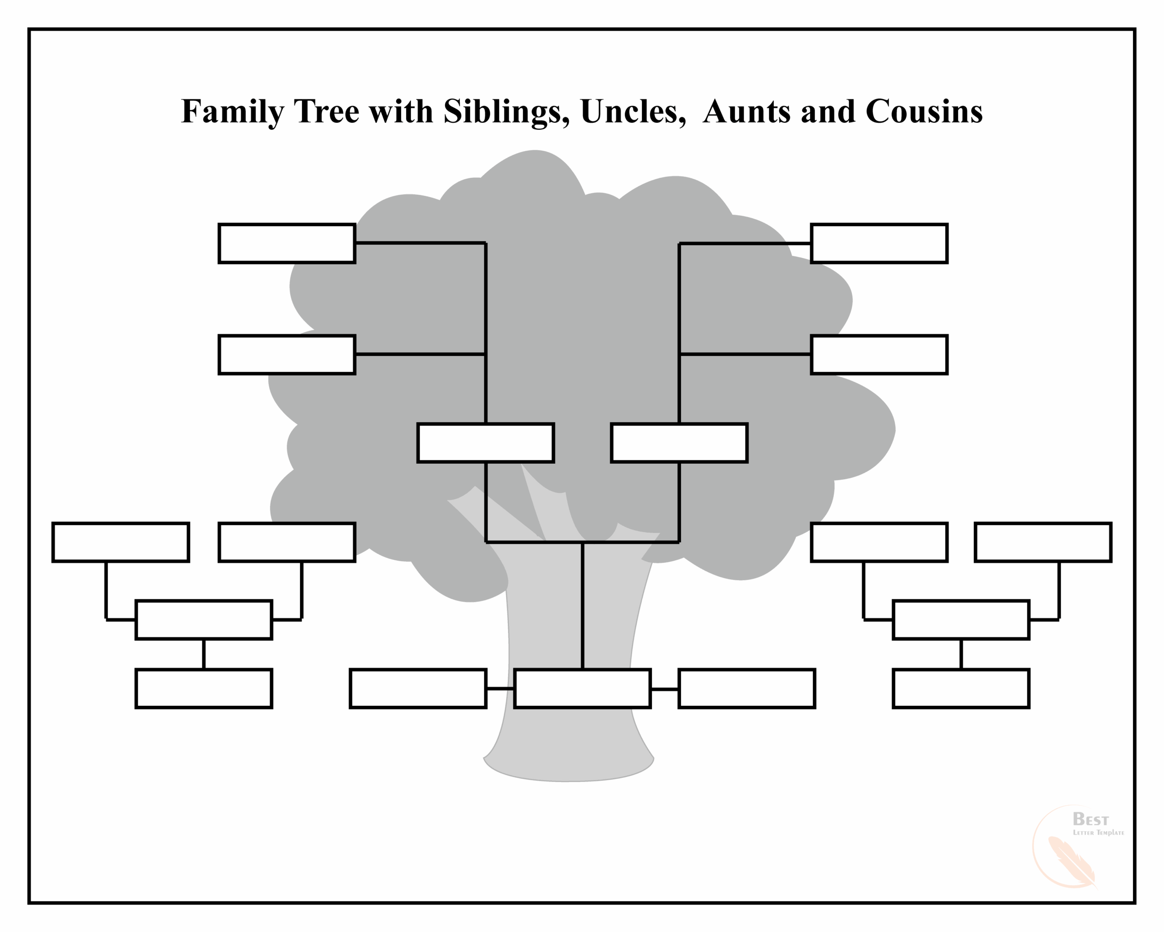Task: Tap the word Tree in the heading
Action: click(326, 112)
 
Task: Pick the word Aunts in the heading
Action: click(747, 112)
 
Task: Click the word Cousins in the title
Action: click(924, 112)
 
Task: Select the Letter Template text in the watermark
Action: click(1098, 833)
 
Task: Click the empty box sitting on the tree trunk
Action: click(582, 689)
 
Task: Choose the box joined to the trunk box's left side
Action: click(418, 689)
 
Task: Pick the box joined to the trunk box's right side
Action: click(747, 689)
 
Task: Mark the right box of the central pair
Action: click(679, 443)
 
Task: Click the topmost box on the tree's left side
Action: click(287, 243)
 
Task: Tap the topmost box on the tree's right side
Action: click(879, 243)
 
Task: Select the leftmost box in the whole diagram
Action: click(120, 542)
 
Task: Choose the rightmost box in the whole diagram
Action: click(1043, 542)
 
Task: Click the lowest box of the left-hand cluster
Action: click(204, 689)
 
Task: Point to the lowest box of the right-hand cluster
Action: click(961, 689)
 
